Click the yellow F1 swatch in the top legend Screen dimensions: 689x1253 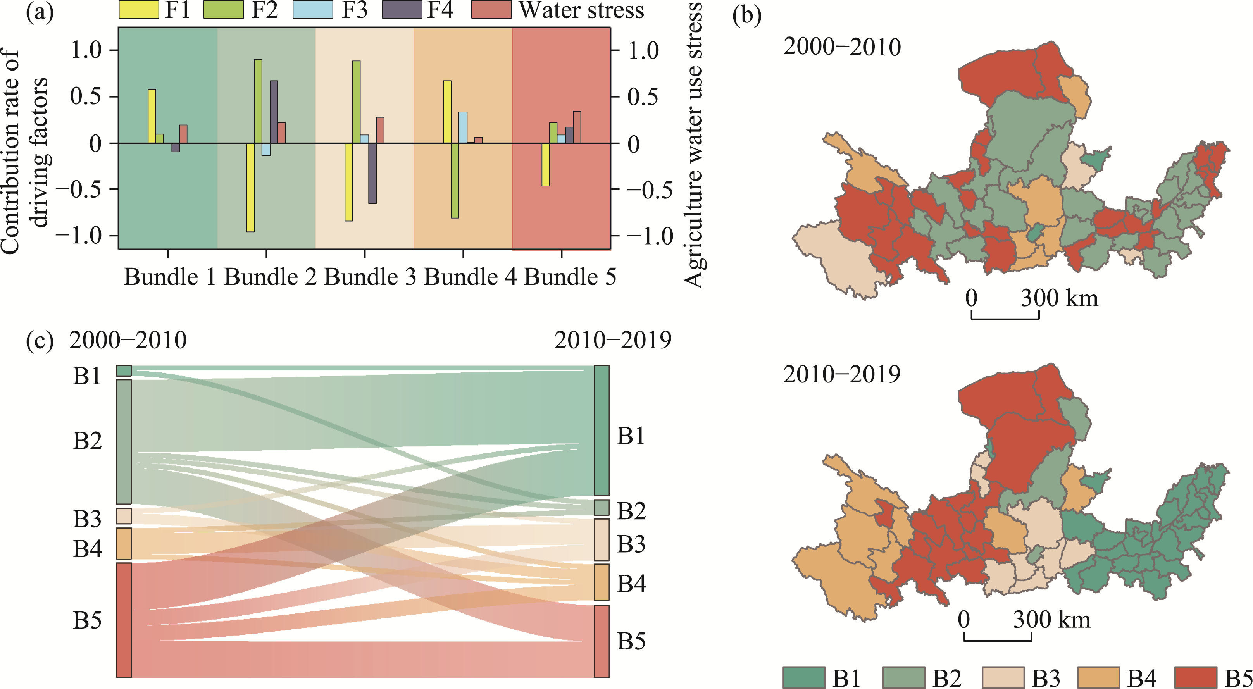pos(139,10)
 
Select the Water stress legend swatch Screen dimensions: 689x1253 pos(491,10)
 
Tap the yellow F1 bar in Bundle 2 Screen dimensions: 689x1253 pos(250,187)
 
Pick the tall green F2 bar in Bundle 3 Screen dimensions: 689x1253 pos(357,102)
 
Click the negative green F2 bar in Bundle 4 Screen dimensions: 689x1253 pos(455,181)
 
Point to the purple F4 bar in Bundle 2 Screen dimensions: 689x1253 pos(274,112)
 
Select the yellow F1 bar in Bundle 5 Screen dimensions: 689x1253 pos(546,164)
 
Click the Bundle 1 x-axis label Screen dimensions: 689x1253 pos(169,277)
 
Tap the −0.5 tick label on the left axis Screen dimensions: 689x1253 pos(79,189)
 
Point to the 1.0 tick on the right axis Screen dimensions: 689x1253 pos(643,50)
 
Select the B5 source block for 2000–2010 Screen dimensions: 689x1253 pos(124,620)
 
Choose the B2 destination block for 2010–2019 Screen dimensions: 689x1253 pos(602,508)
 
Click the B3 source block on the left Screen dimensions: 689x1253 pos(124,516)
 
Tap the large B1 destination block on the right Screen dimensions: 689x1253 pos(602,430)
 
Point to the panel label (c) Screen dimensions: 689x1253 pos(39,340)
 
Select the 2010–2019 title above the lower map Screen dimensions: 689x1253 pos(841,374)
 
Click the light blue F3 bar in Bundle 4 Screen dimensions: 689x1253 pos(463,127)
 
